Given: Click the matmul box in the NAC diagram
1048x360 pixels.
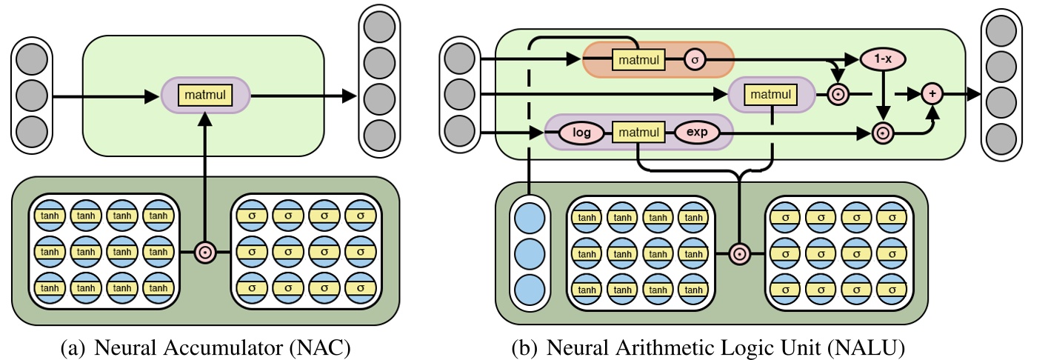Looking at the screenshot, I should pyautogui.click(x=205, y=95).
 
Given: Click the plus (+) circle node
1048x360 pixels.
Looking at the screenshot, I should pyautogui.click(x=932, y=95).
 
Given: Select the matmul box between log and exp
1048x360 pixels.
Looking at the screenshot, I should pyautogui.click(x=638, y=134).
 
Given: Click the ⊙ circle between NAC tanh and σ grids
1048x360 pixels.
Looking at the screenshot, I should pyautogui.click(x=205, y=252).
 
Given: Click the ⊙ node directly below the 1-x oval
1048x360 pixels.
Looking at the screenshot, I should pyautogui.click(x=882, y=133).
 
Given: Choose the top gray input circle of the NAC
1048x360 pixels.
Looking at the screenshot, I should pyautogui.click(x=31, y=60).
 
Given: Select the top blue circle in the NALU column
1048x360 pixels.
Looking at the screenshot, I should pyautogui.click(x=529, y=218).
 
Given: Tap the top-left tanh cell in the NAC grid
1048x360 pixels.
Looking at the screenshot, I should pyautogui.click(x=50, y=216).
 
